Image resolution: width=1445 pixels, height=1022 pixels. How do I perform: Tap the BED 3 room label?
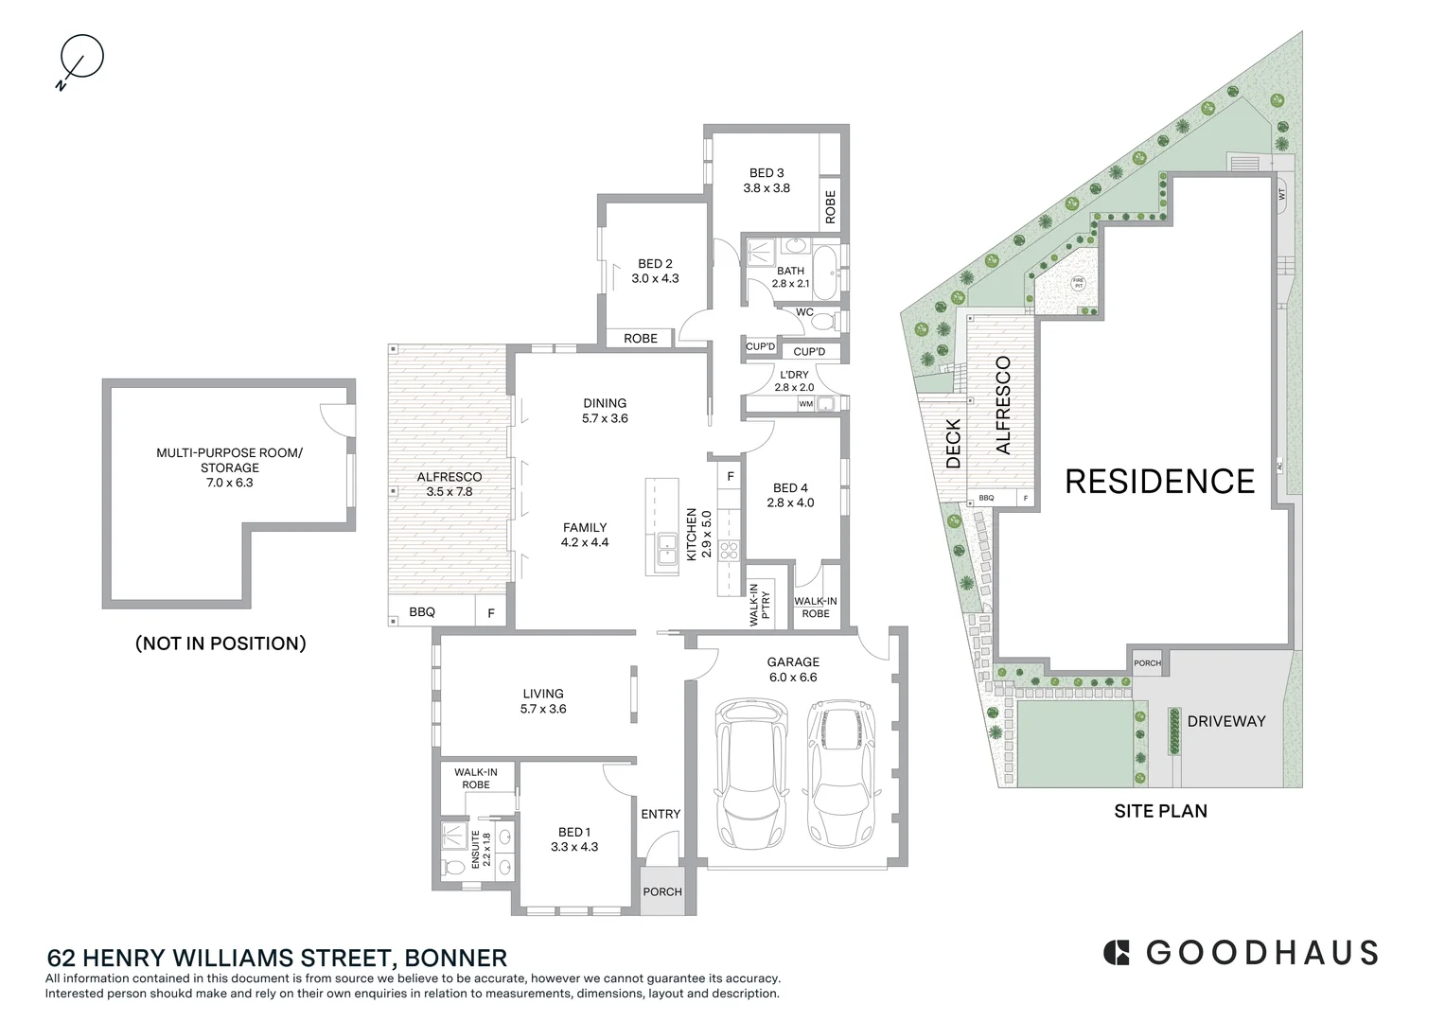767,173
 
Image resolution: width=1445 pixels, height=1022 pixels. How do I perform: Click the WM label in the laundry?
805,404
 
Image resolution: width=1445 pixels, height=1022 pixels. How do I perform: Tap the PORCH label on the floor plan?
662,891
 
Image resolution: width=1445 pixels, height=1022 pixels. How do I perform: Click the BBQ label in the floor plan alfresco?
422,612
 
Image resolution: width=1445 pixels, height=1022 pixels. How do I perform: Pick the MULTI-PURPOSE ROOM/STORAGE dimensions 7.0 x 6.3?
230,483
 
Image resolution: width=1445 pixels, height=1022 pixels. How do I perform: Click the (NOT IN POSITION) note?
220,643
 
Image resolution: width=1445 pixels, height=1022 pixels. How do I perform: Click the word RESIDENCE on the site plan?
1159,481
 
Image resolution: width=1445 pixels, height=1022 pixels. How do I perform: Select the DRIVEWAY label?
1226,721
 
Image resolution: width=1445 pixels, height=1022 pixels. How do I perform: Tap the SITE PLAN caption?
1160,811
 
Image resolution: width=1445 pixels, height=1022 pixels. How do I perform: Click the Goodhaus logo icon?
1118,952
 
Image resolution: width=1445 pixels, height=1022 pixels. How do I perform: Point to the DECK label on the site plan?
953,444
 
